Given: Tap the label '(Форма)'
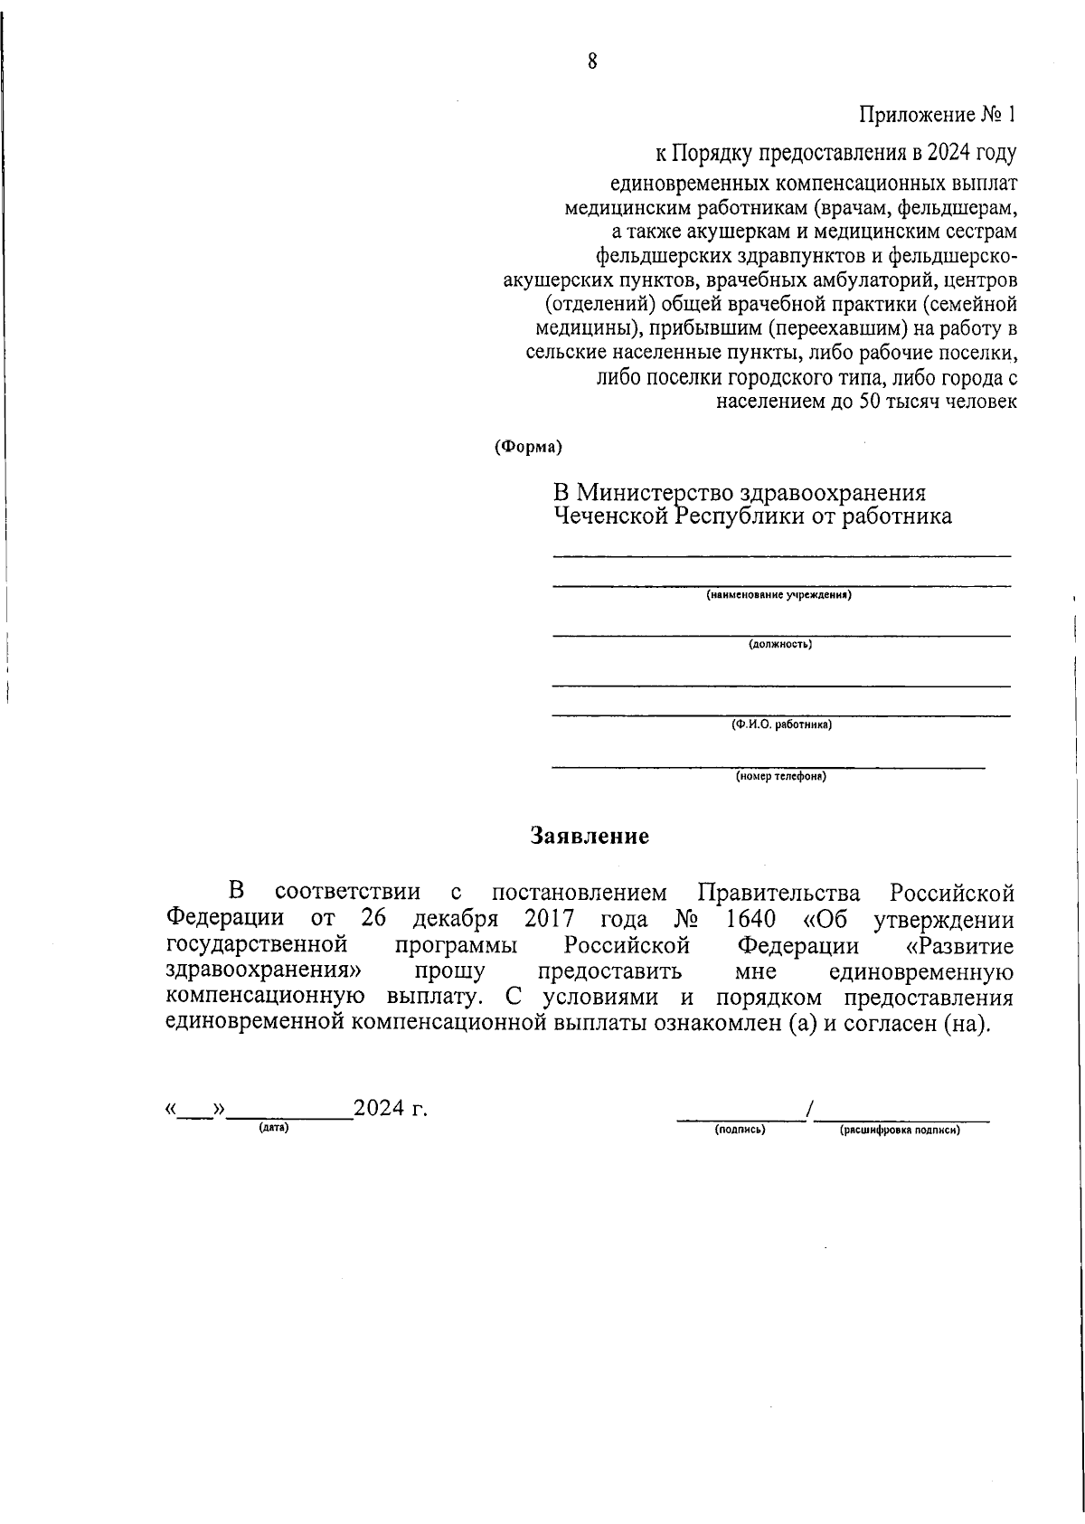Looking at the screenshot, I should point(528,447).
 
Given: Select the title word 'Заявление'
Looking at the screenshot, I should point(590,836).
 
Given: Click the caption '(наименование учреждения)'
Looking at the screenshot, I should point(779,595).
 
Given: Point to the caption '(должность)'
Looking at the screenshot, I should point(779,645).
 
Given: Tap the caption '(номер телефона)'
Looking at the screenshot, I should point(780,776).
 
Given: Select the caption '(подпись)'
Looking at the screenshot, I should point(740,1130).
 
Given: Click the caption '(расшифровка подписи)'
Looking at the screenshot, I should point(900,1130).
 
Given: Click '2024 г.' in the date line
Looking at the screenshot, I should point(391,1109).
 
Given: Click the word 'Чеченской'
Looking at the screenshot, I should point(614,517).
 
